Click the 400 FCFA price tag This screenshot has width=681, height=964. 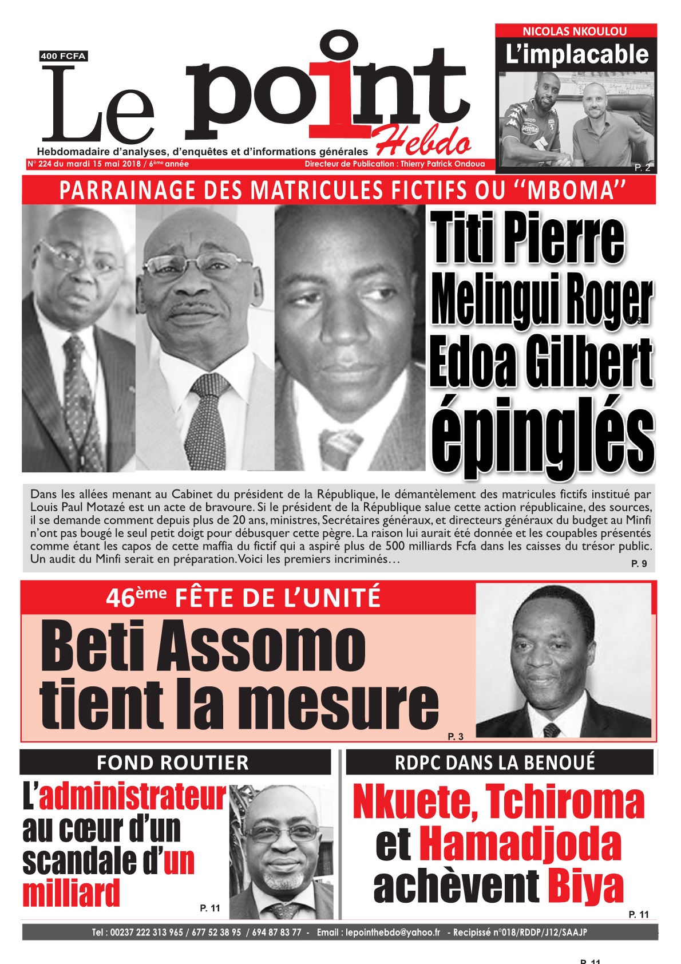tap(63, 56)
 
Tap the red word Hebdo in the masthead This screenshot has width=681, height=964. tap(423, 141)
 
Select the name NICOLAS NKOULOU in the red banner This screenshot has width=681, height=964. tap(575, 31)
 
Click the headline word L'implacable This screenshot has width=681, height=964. tap(577, 55)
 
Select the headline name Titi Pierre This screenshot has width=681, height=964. tap(528, 238)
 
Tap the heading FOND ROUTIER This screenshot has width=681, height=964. tap(173, 763)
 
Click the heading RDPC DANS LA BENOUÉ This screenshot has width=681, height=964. tap(495, 762)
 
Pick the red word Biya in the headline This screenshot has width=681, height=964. tap(585, 887)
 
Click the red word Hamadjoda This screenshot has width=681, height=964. tap(520, 844)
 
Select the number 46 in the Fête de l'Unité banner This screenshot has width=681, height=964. tap(121, 599)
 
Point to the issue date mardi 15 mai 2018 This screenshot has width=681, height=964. tap(104, 164)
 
